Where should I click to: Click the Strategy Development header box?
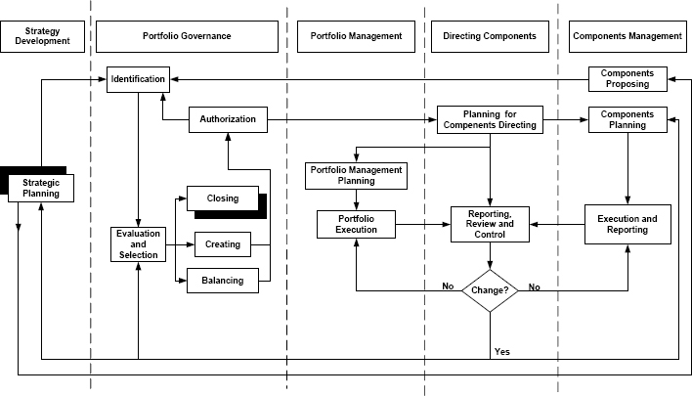coord(42,36)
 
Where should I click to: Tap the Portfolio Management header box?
coord(356,36)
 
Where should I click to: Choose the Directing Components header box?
coord(490,36)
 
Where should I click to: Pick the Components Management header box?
coord(627,36)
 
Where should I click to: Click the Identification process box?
coord(138,78)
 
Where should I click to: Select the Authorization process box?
coord(227,119)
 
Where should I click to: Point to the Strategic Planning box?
coord(40,187)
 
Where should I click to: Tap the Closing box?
coord(223,198)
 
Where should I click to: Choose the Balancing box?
coord(223,282)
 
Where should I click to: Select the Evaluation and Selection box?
coord(138,242)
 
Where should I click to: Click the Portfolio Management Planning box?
coord(356,175)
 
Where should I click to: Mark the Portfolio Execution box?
coord(356,224)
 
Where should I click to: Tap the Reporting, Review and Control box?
coord(490,224)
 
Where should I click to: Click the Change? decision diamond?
coord(490,289)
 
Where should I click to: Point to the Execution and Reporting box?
coord(627,224)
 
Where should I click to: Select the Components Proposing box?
coord(627,78)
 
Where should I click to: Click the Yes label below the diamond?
coord(502,350)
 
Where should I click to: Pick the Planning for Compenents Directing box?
coord(490,119)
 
